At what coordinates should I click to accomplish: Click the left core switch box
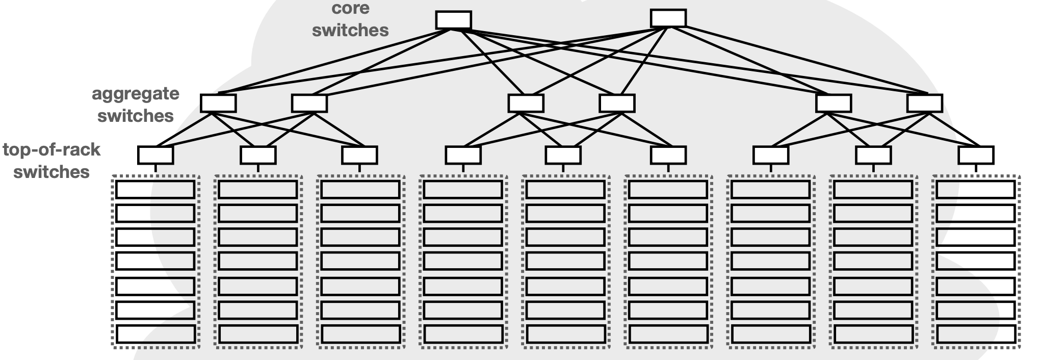coord(453,20)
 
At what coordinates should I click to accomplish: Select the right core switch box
coord(668,18)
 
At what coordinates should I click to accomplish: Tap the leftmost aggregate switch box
coord(218,103)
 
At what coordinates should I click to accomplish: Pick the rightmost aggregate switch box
coord(925,103)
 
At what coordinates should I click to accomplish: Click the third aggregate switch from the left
coord(526,103)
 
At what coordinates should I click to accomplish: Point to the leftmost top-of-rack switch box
coord(155,155)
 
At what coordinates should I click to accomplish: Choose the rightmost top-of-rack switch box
coord(976,155)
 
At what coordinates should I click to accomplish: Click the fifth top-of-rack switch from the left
coord(563,155)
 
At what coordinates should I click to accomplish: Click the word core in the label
coord(350,8)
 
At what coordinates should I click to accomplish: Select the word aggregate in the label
coord(136,94)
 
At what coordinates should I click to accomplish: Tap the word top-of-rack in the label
coord(51,150)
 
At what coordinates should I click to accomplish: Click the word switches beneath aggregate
coord(136,116)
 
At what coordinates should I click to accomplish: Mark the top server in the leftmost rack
coord(155,190)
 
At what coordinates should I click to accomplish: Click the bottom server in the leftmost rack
coord(155,335)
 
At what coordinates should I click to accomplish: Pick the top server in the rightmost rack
coord(976,190)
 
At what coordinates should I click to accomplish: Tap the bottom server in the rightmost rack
coord(976,335)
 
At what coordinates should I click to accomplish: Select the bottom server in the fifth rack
coord(565,335)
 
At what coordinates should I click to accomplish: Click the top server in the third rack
coord(360,190)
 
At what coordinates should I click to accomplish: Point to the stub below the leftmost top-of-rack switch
coord(155,168)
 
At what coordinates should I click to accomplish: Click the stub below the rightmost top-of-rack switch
coord(976,168)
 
